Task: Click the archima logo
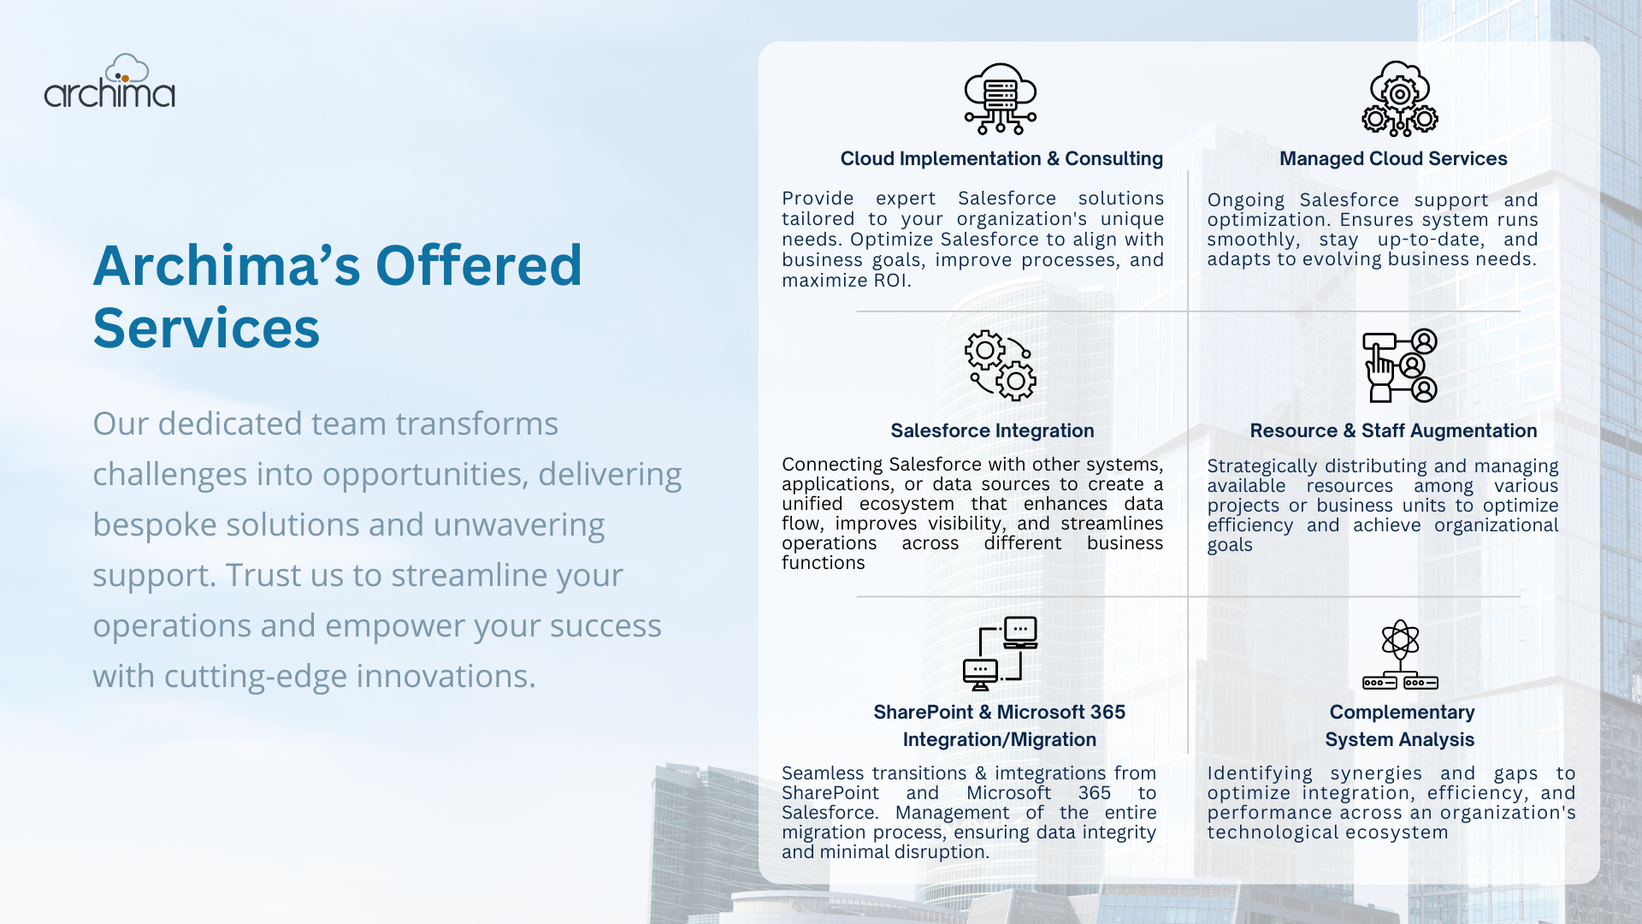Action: click(x=109, y=81)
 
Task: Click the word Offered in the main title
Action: click(x=478, y=265)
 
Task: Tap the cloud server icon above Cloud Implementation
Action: click(x=1001, y=99)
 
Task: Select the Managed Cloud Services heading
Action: click(x=1393, y=158)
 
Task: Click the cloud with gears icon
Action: click(x=1400, y=98)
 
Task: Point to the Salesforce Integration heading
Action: click(x=992, y=430)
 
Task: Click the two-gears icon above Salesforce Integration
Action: click(x=1001, y=365)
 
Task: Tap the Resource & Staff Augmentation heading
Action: click(x=1393, y=430)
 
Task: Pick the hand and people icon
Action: click(x=1400, y=365)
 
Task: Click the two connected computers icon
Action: click(x=1001, y=653)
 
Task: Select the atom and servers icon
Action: click(x=1400, y=654)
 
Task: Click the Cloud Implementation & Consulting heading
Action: click(x=1001, y=158)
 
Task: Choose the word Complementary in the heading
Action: click(x=1402, y=712)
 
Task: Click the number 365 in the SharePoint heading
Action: click(x=1107, y=712)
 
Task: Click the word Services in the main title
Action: click(x=206, y=328)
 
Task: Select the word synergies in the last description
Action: click(x=1376, y=773)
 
